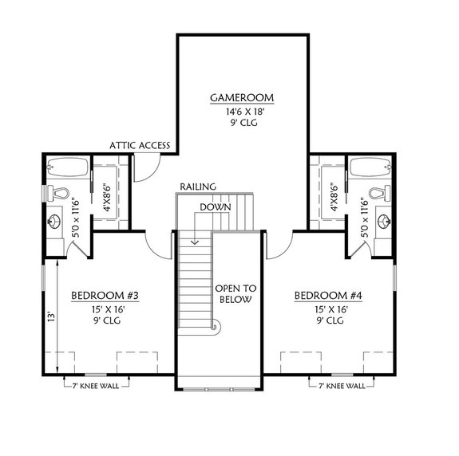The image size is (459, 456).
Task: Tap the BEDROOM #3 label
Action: point(105,296)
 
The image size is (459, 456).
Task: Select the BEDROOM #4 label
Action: point(329,296)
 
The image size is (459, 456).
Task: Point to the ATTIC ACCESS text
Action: point(140,146)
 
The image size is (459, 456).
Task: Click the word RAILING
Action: point(197,186)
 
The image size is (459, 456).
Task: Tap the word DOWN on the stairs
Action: point(216,206)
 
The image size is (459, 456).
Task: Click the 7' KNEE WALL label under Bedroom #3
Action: point(95,385)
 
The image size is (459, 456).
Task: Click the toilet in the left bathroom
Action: point(61,192)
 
